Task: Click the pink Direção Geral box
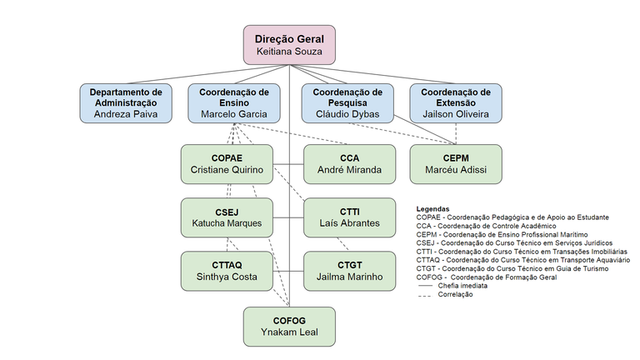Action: (289, 43)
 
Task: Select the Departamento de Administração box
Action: (126, 102)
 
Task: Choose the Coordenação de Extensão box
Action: (456, 102)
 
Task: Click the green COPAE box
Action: (227, 163)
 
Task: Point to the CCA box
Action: (349, 163)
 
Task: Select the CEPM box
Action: (456, 163)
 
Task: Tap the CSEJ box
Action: (227, 217)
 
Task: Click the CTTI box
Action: (349, 217)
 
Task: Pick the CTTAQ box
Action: (227, 270)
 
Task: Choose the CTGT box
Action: (349, 270)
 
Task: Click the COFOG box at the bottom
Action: (289, 326)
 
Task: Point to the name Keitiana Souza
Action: (289, 51)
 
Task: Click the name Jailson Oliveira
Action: (456, 113)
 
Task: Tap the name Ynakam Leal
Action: (289, 334)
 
